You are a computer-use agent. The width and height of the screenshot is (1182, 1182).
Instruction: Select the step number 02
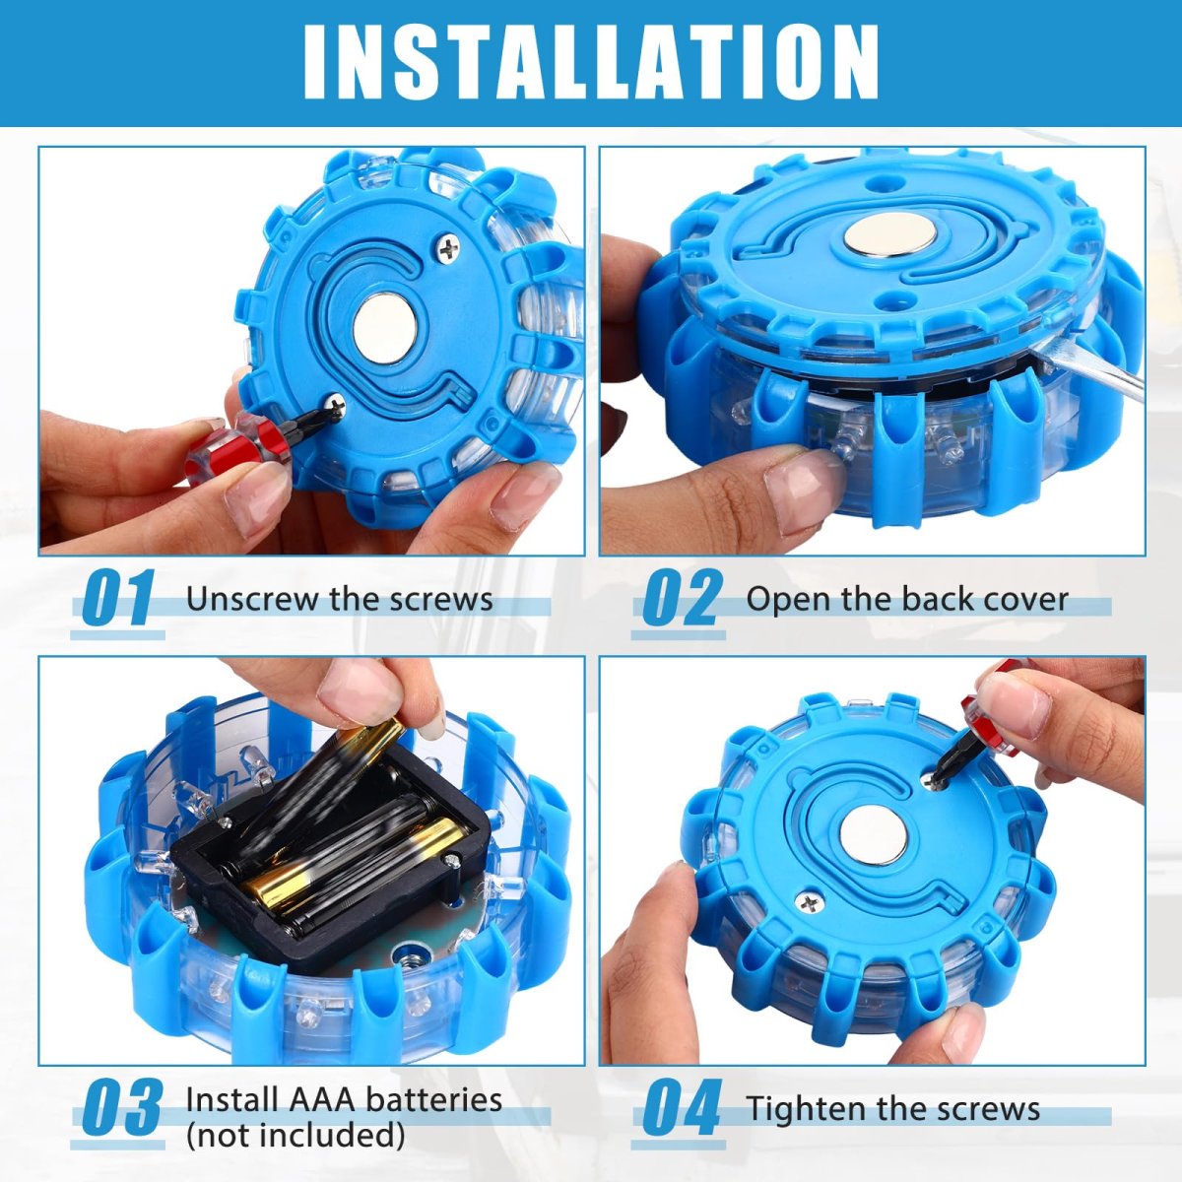(x=680, y=598)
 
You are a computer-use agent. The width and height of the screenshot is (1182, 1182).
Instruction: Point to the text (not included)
(x=295, y=1136)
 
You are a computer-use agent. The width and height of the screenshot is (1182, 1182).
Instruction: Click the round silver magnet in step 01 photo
(x=385, y=327)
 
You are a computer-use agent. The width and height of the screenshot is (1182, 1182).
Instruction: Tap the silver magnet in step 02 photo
(x=890, y=235)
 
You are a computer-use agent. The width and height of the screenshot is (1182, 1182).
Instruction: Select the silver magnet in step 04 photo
(x=874, y=835)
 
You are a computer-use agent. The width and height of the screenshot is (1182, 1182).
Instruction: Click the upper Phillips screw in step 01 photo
(x=449, y=248)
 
